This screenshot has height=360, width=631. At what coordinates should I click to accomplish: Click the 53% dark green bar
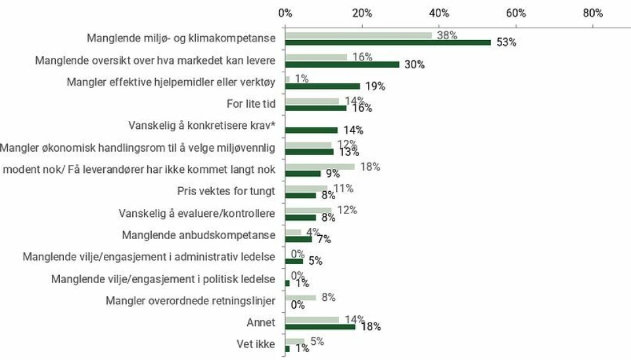(388, 43)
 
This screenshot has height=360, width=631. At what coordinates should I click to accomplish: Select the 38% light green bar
(359, 35)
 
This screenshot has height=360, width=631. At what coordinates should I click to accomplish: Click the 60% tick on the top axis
(516, 12)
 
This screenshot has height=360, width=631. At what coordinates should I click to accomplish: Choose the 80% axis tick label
(593, 12)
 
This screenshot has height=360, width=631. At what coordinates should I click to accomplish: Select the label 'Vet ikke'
(256, 344)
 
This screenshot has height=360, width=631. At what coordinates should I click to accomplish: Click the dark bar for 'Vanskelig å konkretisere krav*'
(312, 130)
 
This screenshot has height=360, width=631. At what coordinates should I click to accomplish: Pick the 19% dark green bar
(323, 86)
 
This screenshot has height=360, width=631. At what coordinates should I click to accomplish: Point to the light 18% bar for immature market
(320, 167)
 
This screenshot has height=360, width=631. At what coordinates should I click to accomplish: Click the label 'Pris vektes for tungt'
(226, 191)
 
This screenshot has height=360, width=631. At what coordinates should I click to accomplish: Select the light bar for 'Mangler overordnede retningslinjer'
(300, 298)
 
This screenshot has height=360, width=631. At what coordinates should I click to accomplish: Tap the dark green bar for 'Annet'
(320, 326)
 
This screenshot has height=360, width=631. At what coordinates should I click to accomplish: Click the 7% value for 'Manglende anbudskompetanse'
(324, 239)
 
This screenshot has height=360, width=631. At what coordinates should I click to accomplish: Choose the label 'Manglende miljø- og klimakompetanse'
(181, 38)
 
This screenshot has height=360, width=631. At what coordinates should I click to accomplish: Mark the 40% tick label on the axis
(439, 12)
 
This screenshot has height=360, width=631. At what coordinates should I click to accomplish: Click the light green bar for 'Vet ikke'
(295, 341)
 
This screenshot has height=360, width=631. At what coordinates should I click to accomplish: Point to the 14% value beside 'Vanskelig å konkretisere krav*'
(352, 130)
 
